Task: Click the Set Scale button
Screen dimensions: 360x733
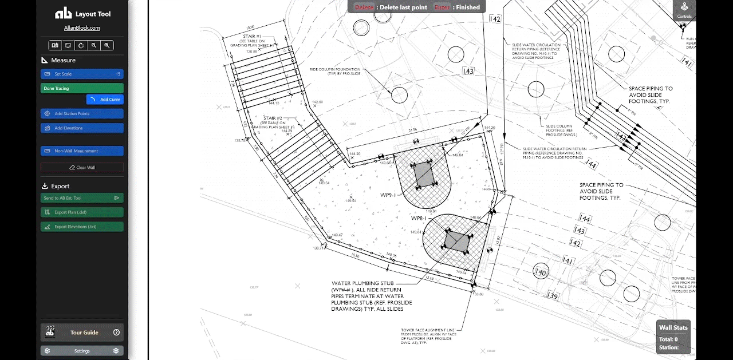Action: (82, 74)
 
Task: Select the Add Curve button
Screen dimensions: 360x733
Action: (105, 100)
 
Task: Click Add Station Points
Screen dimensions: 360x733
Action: (82, 114)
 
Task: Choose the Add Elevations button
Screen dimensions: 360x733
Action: (82, 128)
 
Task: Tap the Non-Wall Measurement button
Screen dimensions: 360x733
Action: (82, 151)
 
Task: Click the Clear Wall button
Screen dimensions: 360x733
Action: (82, 168)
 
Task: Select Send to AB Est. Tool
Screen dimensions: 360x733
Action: (82, 198)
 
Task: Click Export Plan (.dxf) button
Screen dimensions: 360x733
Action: (82, 212)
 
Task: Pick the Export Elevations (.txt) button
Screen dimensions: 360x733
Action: (82, 227)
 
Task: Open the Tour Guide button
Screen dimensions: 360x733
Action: (82, 333)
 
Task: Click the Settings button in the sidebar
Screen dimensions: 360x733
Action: (82, 351)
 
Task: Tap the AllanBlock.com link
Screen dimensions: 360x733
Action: (82, 28)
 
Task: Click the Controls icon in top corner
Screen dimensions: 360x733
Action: (684, 10)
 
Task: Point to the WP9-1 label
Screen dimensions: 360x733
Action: (388, 195)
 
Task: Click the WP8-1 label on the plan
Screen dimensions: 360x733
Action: (419, 219)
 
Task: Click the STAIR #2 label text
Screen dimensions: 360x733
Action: (271, 118)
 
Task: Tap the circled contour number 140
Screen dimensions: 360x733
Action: (539, 272)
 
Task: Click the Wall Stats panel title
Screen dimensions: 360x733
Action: (673, 328)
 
